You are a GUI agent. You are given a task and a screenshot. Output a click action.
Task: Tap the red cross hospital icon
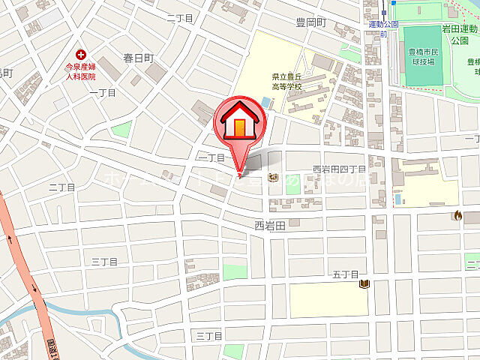pyautogui.click(x=80, y=53)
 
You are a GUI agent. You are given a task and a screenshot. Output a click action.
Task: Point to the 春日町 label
pyautogui.click(x=139, y=58)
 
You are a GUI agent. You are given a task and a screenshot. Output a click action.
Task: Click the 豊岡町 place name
pyautogui.click(x=311, y=22)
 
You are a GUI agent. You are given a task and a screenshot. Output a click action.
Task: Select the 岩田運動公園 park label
pyautogui.click(x=459, y=34)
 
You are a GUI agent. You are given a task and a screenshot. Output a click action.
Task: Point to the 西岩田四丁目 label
pyautogui.click(x=339, y=169)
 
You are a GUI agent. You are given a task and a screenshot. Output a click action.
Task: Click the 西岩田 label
pyautogui.click(x=270, y=224)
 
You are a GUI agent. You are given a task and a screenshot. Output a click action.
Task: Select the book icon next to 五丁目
pyautogui.click(x=364, y=284)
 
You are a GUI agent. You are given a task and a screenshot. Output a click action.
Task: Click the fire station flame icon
pyautogui.click(x=457, y=216)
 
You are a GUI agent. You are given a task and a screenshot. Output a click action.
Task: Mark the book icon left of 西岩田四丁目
pyautogui.click(x=274, y=178)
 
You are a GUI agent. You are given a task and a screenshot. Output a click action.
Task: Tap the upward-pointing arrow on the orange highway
pyautogui.click(x=11, y=240)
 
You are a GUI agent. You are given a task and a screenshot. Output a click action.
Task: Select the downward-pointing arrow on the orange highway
pyautogui.click(x=33, y=287)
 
